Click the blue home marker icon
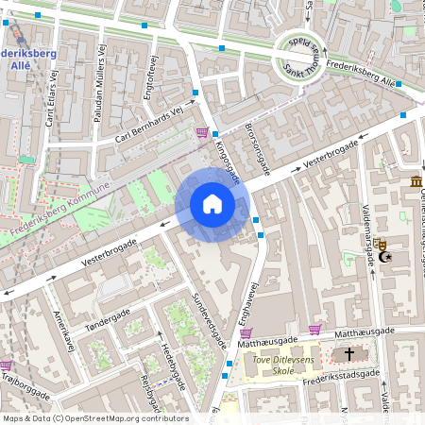212,204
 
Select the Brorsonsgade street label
258,149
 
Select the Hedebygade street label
168,362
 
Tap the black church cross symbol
349,354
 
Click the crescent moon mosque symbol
383,255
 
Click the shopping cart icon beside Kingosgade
201,132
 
